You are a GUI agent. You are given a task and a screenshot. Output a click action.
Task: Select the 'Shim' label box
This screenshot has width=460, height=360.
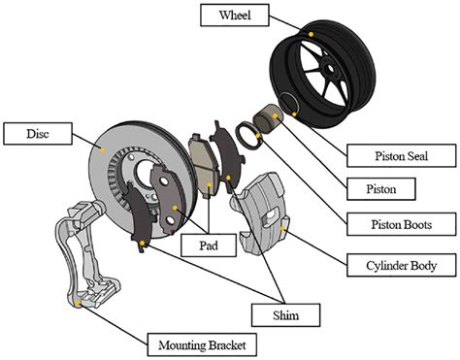tap(284, 313)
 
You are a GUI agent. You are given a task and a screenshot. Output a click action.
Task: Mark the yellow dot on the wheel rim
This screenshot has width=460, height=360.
tap(311, 33)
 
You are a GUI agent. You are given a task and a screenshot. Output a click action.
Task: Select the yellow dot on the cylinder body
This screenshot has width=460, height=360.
tap(281, 229)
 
